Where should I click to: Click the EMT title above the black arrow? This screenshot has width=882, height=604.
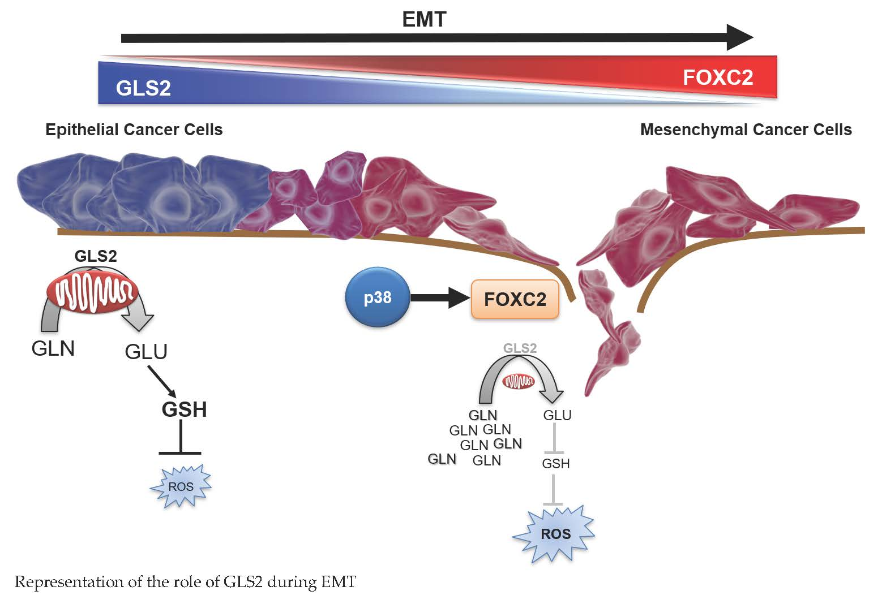[x=424, y=19]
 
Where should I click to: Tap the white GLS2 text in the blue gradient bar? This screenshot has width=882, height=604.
[x=143, y=88]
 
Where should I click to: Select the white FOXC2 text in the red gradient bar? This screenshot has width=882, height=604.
[x=717, y=77]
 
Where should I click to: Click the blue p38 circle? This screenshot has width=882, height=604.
[x=377, y=297]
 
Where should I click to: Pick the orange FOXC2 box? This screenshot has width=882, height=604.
[x=515, y=299]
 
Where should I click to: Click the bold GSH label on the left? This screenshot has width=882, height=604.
[x=184, y=409]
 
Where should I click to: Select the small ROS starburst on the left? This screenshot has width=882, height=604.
[x=181, y=486]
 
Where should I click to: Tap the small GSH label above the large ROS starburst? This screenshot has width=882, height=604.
[x=555, y=464]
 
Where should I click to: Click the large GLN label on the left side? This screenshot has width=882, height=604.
[x=53, y=348]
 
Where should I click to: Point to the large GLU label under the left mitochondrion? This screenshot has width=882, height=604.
[x=146, y=352]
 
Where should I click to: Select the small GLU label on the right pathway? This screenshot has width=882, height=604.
[x=557, y=415]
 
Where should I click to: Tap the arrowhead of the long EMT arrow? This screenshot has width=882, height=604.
[x=740, y=38]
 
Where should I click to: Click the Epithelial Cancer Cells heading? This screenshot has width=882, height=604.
[x=134, y=130]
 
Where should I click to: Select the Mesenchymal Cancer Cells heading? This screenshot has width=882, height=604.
[x=746, y=130]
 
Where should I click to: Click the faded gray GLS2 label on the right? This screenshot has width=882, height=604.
[x=520, y=348]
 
